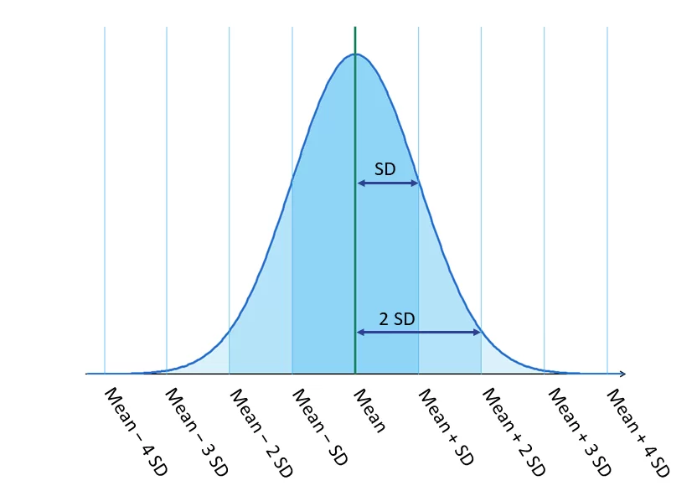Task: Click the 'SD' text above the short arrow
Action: point(385,169)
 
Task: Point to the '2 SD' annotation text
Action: point(396,319)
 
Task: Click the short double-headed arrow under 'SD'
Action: point(387,182)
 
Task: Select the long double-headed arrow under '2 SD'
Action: point(418,333)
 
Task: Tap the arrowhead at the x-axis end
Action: point(621,373)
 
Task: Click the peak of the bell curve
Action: point(355,54)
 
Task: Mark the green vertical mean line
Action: point(355,251)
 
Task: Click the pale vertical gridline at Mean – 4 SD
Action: point(105,168)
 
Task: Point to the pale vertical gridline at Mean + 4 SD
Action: point(607,168)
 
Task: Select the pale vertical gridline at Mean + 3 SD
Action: point(545,168)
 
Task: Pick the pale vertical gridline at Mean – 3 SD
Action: point(167,168)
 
